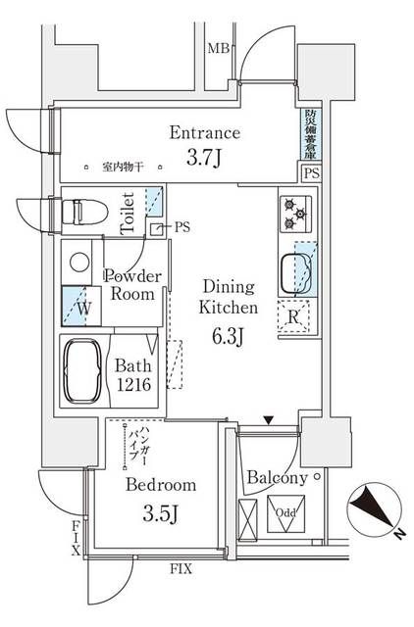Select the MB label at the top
218,47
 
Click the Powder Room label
131,284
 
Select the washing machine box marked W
80,306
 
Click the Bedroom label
160,485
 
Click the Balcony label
278,478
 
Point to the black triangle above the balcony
267,421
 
